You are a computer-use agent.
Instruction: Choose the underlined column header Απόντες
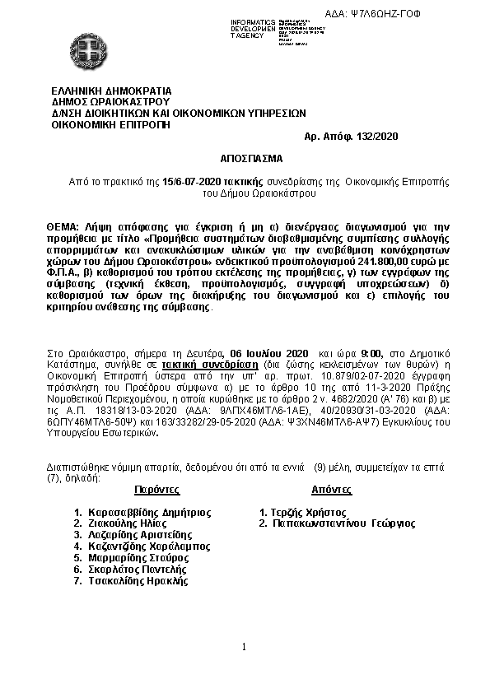point(331,489)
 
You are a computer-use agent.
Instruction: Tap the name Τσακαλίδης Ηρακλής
point(136,580)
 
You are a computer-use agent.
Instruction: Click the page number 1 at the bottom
point(245,648)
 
